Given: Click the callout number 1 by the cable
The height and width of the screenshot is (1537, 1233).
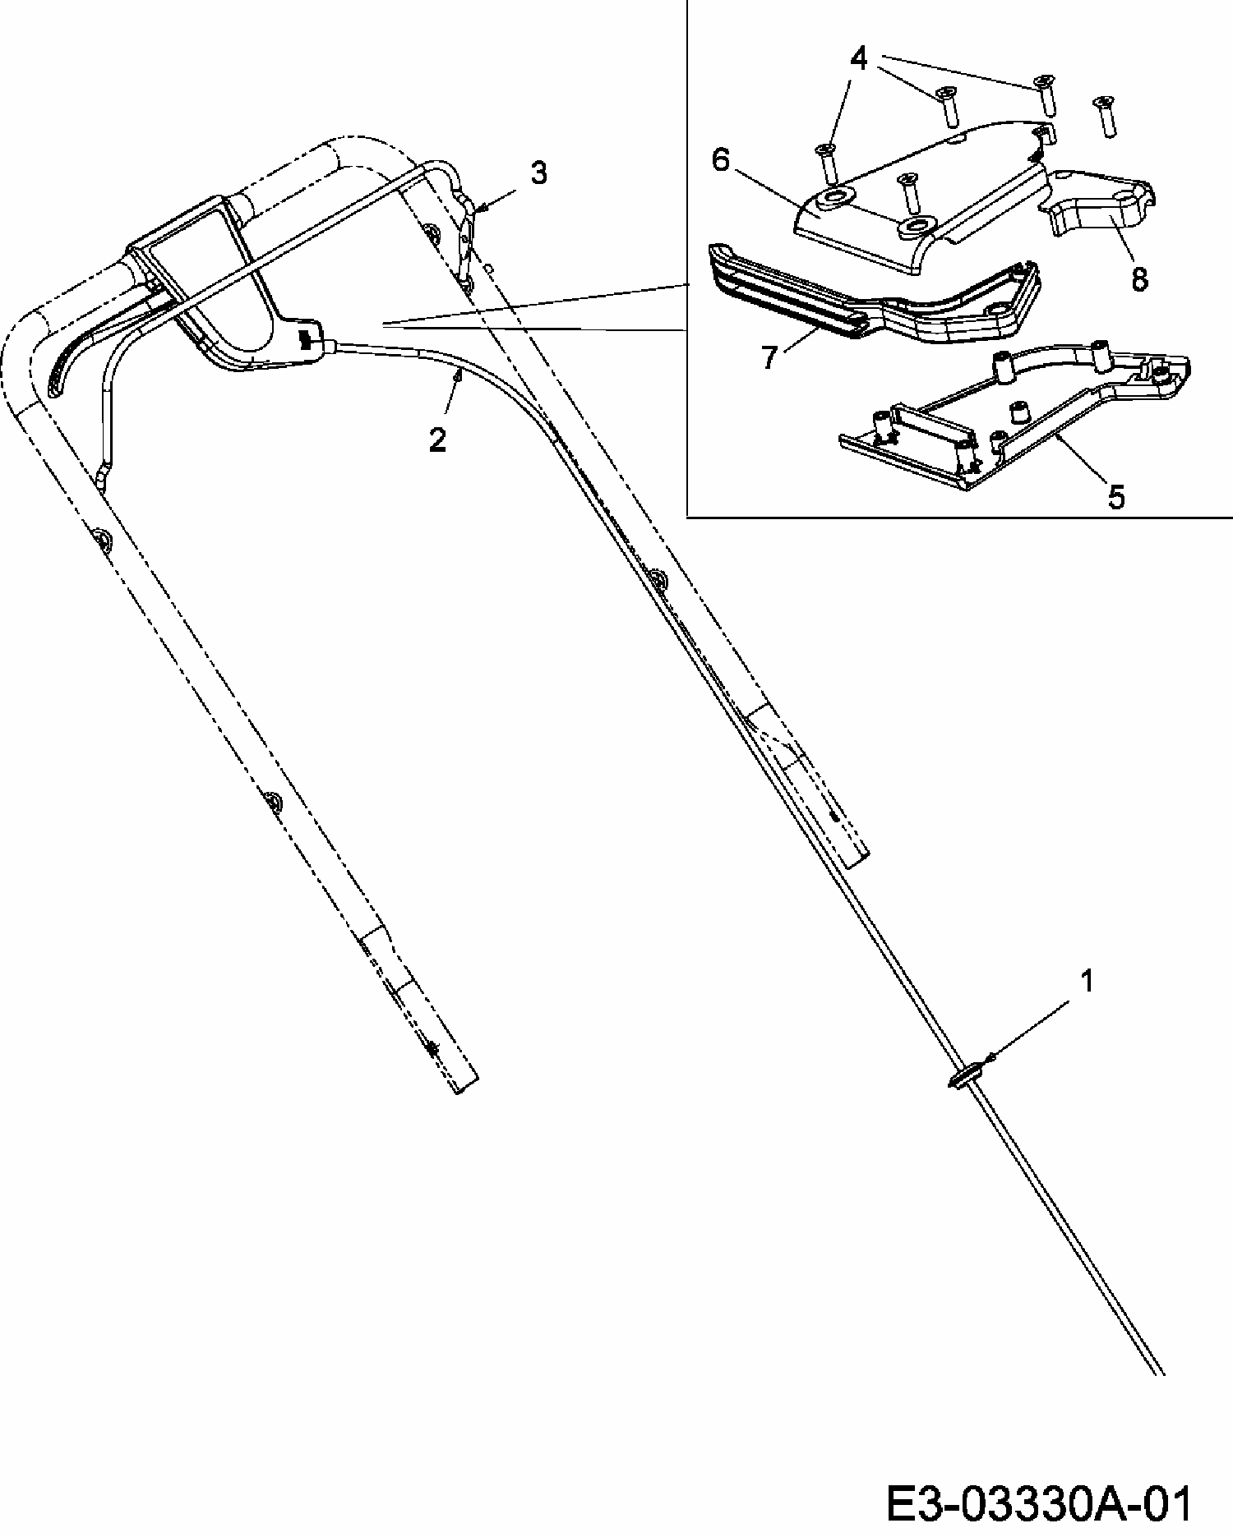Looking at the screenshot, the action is [x=1087, y=981].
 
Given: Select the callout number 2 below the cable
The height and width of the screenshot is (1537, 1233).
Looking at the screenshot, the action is [x=437, y=440].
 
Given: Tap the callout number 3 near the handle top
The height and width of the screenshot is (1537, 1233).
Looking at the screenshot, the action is [x=538, y=173].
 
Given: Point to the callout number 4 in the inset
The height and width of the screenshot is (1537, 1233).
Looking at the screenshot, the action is [x=858, y=58].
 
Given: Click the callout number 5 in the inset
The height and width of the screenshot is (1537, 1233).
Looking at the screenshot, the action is [x=1115, y=496].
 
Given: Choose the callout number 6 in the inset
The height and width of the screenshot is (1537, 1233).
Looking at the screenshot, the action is [x=720, y=160].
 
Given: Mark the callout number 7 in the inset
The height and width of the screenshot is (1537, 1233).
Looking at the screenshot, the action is [x=769, y=358].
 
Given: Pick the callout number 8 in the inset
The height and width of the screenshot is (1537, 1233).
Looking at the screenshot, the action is [x=1138, y=278].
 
